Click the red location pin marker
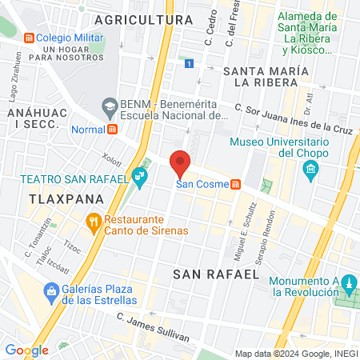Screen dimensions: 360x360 pyautogui.click(x=180, y=162)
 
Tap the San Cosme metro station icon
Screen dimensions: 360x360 pyautogui.click(x=235, y=185)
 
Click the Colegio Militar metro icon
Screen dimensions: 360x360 pyautogui.click(x=29, y=38)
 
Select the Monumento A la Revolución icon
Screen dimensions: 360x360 pyautogui.click(x=348, y=284)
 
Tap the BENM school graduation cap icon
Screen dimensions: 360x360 pyautogui.click(x=110, y=105)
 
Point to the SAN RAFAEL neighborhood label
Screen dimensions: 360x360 pyautogui.click(x=216, y=274)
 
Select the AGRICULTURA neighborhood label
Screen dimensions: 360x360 pyautogui.click(x=143, y=18)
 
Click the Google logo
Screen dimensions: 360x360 pyautogui.click(x=26, y=350)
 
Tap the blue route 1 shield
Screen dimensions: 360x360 pyautogui.click(x=188, y=63)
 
